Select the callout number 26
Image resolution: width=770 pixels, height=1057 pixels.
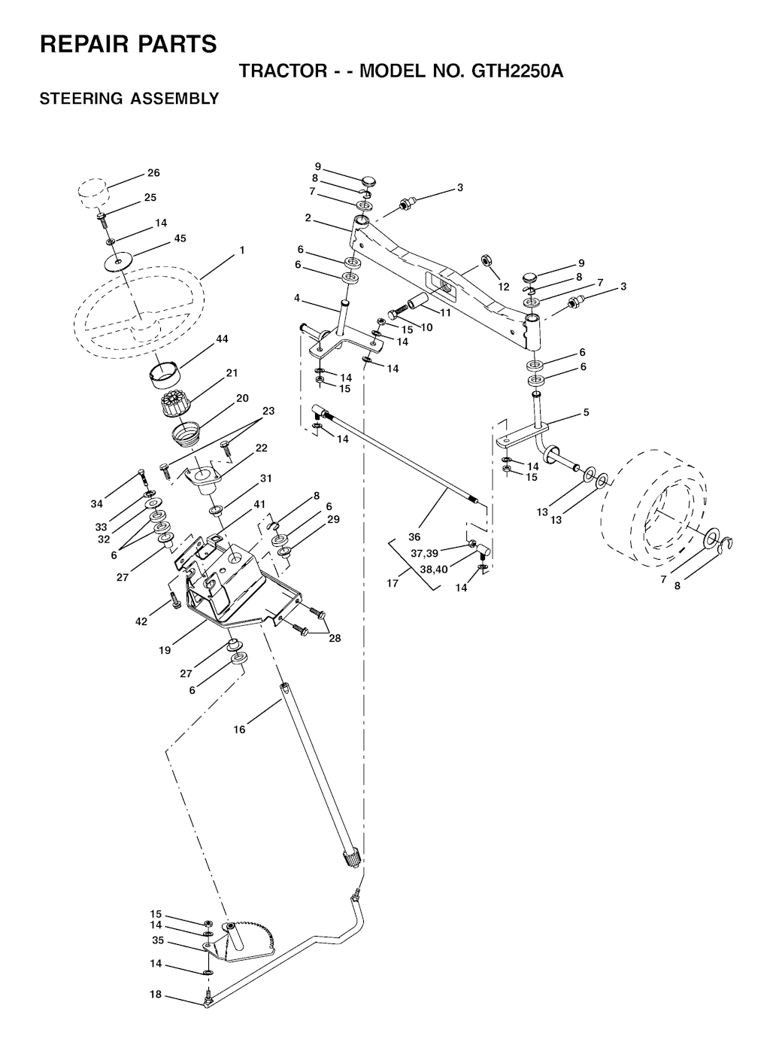click(153, 173)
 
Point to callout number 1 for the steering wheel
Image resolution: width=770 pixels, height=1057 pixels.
click(242, 250)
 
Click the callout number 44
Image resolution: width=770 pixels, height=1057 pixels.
click(222, 340)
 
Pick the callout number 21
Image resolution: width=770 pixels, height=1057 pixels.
click(232, 373)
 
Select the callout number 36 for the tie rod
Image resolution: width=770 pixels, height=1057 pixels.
click(414, 537)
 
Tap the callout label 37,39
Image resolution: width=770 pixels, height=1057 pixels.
click(424, 554)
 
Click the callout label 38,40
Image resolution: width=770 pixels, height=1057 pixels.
click(433, 570)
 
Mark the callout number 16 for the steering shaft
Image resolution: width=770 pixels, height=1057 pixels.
click(239, 729)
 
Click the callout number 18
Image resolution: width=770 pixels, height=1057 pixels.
click(156, 995)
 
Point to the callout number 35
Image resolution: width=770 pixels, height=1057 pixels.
click(157, 940)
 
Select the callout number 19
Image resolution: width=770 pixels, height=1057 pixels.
click(165, 650)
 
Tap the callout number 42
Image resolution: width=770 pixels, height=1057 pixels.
click(141, 621)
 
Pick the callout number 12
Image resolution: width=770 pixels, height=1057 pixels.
click(504, 287)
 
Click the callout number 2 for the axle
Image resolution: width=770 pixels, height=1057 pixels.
click(308, 218)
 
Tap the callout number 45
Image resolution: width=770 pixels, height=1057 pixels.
click(180, 238)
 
